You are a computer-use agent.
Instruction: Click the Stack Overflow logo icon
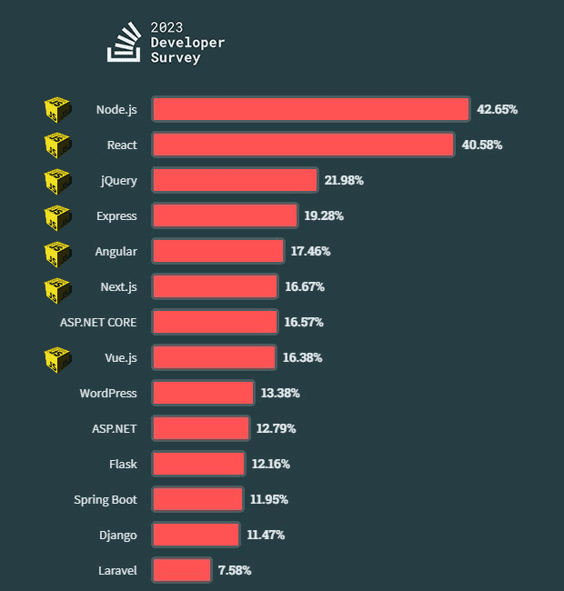click(124, 44)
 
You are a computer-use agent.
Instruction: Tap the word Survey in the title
click(176, 58)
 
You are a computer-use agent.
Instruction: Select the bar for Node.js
click(310, 109)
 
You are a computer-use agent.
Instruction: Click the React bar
click(303, 145)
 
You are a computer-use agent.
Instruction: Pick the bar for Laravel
click(182, 570)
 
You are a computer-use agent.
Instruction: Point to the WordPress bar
click(203, 393)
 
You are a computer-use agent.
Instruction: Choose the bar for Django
click(196, 535)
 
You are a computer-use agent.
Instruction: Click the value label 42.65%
click(497, 109)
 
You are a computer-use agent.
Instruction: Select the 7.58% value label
click(235, 570)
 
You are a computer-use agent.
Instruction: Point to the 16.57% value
click(304, 322)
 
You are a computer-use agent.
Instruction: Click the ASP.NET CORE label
click(98, 322)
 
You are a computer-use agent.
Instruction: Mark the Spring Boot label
click(106, 499)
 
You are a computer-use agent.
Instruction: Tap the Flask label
click(123, 464)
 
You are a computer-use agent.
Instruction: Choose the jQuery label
click(119, 180)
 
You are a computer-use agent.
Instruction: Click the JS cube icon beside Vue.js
click(57, 358)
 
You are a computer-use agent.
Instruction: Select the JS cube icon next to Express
click(57, 216)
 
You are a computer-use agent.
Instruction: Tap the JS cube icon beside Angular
click(57, 252)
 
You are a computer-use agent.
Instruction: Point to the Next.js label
click(118, 286)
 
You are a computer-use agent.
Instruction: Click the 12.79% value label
click(275, 428)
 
